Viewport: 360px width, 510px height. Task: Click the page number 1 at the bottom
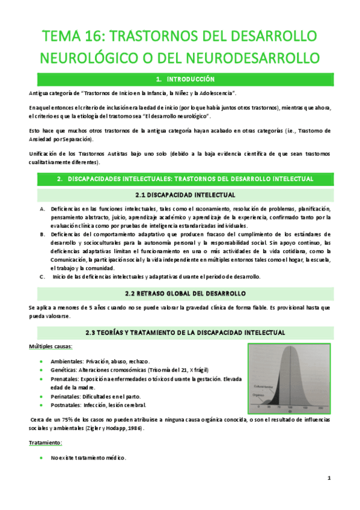[x=329, y=478]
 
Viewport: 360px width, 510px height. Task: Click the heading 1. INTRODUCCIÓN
[x=180, y=79]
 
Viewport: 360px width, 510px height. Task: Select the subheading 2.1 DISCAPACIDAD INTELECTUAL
[x=180, y=195]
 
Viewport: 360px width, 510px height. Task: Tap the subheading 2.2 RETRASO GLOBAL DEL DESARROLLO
[x=180, y=293]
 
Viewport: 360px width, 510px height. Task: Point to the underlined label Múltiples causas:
[x=52, y=347]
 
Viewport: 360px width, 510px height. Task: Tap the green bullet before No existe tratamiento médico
[x=40, y=458]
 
